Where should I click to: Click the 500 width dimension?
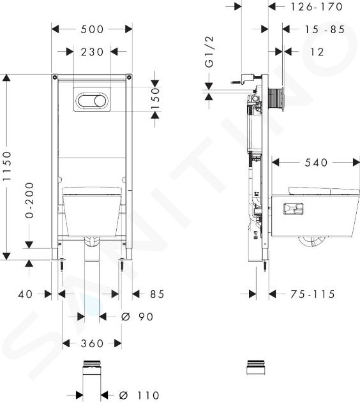pos(92,29)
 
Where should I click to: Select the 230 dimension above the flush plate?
pos(92,52)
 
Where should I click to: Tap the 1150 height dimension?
pos(7,166)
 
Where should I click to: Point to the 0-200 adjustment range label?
pos(29,200)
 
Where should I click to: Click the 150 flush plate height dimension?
pos(155,98)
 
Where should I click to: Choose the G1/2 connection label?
pos(209,52)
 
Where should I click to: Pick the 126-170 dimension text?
pos(317,7)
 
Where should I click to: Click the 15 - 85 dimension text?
pos(324,29)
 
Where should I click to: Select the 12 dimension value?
pos(317,52)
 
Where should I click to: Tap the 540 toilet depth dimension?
pos(316,163)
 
